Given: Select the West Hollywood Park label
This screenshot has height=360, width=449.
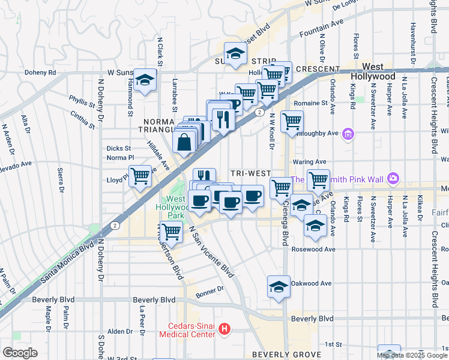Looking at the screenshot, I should click(175, 207).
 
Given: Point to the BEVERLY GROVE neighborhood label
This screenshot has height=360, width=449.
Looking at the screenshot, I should click(286, 355).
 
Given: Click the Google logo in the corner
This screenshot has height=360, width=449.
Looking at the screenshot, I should click(20, 353).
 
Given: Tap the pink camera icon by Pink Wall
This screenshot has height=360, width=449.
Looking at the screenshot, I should click(393, 178).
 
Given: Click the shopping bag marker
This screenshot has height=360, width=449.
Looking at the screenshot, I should click(184, 142).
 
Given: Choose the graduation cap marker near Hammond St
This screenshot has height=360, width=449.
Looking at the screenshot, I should click(145, 80).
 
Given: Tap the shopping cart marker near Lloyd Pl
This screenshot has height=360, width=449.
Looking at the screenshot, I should click(140, 176).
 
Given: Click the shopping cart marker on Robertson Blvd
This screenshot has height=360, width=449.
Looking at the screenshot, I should click(172, 231).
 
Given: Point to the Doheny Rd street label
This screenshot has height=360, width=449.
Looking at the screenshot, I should click(40, 73).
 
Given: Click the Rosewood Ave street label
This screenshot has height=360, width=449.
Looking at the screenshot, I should click(312, 249).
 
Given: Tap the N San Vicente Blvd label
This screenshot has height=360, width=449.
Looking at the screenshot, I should click(210, 251).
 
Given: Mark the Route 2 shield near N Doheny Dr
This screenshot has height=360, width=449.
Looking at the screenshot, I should click(114, 226).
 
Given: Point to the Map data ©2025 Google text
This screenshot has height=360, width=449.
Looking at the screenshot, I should click(412, 355).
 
